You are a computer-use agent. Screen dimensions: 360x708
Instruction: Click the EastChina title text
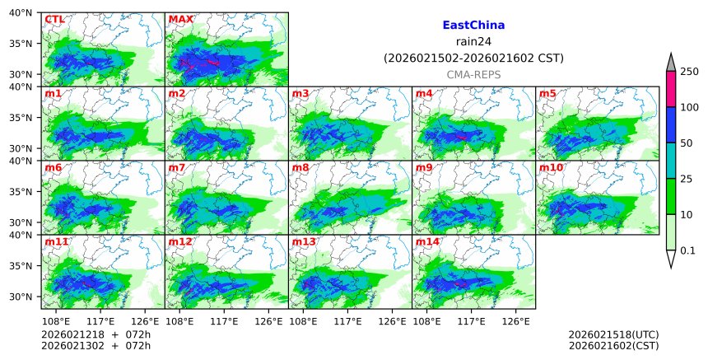473,26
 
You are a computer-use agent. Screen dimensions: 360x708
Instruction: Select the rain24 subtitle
473,42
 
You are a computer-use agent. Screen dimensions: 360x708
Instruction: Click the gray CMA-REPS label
473,75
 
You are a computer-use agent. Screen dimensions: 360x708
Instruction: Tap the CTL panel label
54,19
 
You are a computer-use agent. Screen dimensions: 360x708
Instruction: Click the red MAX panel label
180,19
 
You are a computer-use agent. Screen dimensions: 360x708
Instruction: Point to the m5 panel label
547,94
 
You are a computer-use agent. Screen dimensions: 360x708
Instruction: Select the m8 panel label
300,168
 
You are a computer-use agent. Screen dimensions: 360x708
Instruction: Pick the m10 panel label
551,168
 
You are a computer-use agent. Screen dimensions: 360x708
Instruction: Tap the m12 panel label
180,242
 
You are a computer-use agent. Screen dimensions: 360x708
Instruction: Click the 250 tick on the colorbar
689,72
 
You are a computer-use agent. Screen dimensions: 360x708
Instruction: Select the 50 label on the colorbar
686,143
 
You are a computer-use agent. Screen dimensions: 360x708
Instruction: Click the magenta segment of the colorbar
671,89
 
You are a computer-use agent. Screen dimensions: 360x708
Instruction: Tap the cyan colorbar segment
671,161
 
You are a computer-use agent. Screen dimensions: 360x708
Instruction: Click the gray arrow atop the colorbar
671,63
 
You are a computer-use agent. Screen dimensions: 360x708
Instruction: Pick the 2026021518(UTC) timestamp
613,334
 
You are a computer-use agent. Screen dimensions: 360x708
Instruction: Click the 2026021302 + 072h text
90,346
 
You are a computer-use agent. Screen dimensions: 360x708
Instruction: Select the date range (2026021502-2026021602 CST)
473,58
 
